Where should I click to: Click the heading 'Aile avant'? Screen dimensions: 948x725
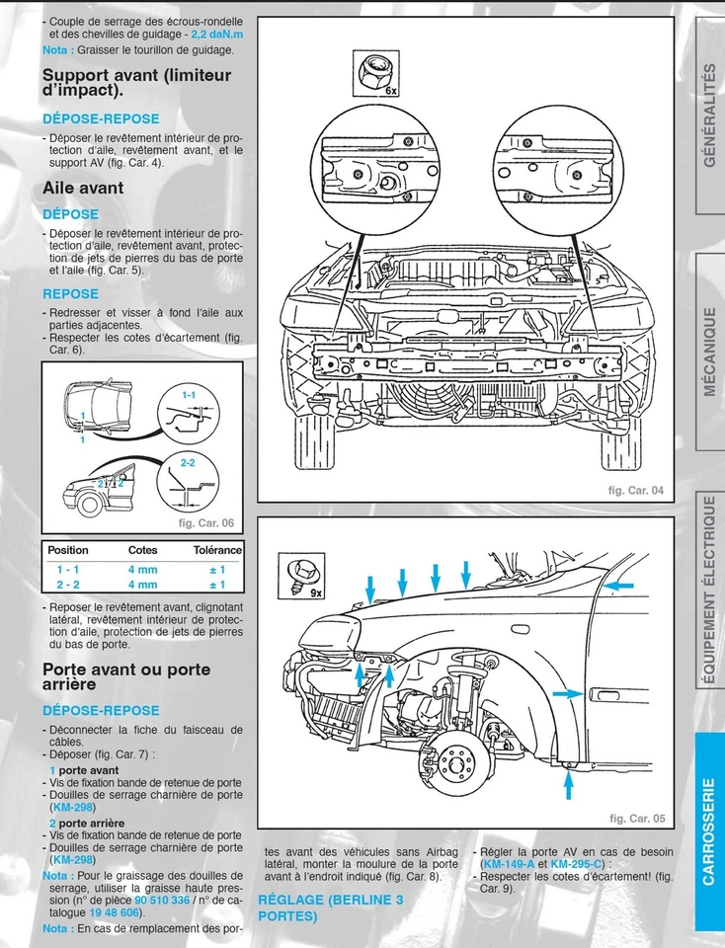(x=83, y=188)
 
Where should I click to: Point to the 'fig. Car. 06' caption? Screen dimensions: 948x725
(x=204, y=523)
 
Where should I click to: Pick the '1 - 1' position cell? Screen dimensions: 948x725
(x=68, y=570)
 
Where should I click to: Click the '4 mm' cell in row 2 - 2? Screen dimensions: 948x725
(x=142, y=585)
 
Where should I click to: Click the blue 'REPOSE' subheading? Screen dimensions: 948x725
(x=70, y=293)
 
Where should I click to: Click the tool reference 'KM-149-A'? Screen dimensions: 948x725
(x=506, y=864)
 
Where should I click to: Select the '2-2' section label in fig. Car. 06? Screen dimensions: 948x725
(x=189, y=462)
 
